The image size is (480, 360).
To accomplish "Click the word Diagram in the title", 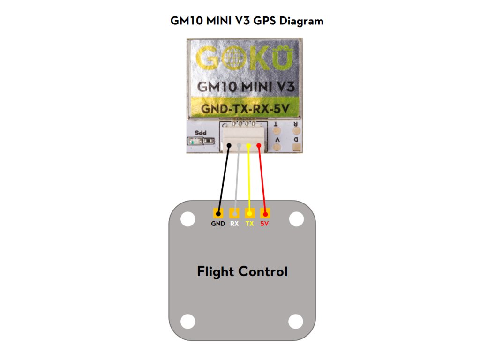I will pos(300,22).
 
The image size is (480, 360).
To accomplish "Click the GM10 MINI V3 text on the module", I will pos(242,87).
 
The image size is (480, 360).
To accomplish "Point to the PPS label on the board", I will pos(201,133).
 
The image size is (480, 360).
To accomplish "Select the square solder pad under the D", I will pos(296,147).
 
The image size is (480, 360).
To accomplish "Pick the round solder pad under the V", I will pos(277,147).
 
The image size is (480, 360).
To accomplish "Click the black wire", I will pos(224,178).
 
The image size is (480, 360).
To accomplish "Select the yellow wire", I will pos(249,178).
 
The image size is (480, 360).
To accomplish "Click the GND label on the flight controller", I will pos(218,224).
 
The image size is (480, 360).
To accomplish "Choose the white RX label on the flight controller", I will pos(234,224).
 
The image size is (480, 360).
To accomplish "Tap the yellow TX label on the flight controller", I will pos(250,224).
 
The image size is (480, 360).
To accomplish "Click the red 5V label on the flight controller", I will pos(265,224).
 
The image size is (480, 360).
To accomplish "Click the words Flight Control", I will pos(242,271).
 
